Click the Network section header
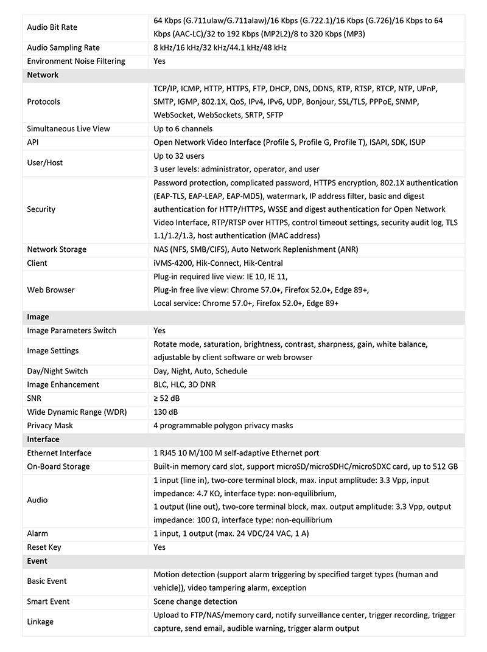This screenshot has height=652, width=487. coord(43,75)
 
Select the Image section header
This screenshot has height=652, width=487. coord(38,317)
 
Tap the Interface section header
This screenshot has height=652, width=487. coord(43,439)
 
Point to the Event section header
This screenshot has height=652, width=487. coord(37,561)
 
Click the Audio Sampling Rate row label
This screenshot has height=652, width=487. coord(63,47)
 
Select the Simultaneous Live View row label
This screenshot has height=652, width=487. coord(68,129)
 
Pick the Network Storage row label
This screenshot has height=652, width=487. coord(57,249)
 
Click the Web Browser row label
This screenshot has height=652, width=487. coord(51,290)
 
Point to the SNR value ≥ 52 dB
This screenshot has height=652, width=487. coord(167,398)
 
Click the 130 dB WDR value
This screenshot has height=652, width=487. coord(166,412)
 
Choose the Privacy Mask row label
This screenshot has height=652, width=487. coord(49,425)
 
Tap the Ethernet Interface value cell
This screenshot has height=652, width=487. coord(236,453)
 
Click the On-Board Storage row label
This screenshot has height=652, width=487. coord(58,466)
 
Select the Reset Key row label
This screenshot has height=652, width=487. coord(44,547)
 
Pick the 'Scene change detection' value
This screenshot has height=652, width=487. coord(195,602)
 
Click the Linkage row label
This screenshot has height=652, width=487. coord(40,622)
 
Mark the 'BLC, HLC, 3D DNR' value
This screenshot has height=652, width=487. coord(184,384)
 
